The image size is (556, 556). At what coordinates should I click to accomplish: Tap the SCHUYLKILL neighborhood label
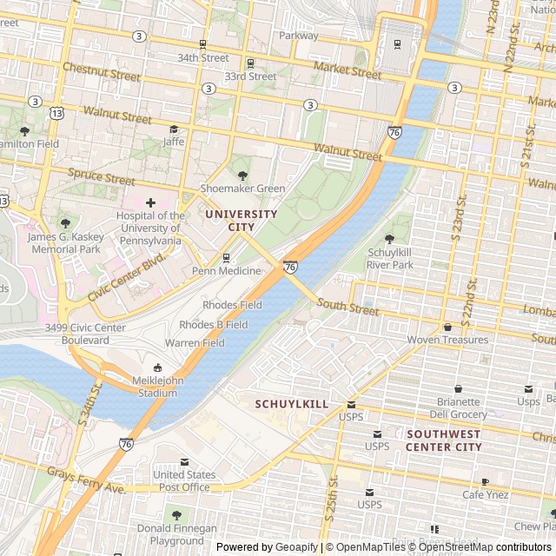(x=291, y=405)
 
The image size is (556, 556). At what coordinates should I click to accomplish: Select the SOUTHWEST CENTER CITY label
(x=443, y=440)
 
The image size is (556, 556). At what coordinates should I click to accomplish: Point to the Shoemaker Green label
(x=242, y=189)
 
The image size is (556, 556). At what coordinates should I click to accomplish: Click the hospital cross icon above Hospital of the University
(x=150, y=202)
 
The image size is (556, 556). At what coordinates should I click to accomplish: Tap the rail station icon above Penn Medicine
(x=226, y=257)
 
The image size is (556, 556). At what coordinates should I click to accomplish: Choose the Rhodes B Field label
(x=213, y=325)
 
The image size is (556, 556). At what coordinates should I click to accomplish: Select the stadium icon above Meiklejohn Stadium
(x=157, y=367)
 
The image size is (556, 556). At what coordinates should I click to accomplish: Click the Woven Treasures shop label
(x=447, y=340)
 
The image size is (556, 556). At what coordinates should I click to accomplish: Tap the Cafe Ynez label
(x=485, y=494)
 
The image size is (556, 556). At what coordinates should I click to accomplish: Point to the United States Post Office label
(x=184, y=481)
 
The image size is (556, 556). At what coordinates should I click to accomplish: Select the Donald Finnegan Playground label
(x=177, y=534)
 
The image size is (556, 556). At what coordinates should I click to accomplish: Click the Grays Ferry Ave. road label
(x=87, y=481)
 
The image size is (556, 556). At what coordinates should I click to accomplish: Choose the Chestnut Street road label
(x=102, y=71)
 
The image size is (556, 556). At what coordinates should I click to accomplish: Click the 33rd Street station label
(x=250, y=76)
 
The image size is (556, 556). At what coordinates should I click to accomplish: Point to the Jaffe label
(x=174, y=141)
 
